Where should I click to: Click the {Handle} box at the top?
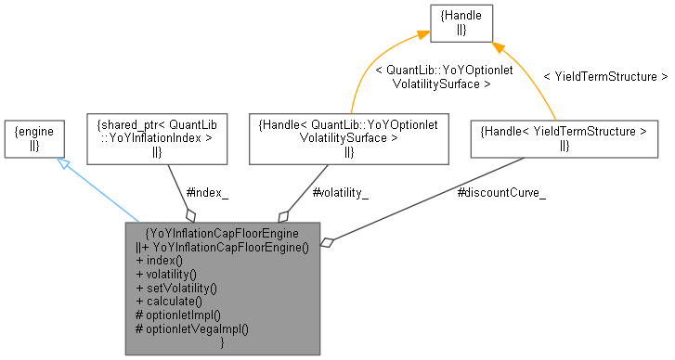pyautogui.click(x=461, y=22)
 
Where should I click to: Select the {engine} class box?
pyautogui.click(x=34, y=138)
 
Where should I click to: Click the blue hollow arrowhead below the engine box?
pyautogui.click(x=60, y=163)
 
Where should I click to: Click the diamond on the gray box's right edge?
pyautogui.click(x=327, y=244)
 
